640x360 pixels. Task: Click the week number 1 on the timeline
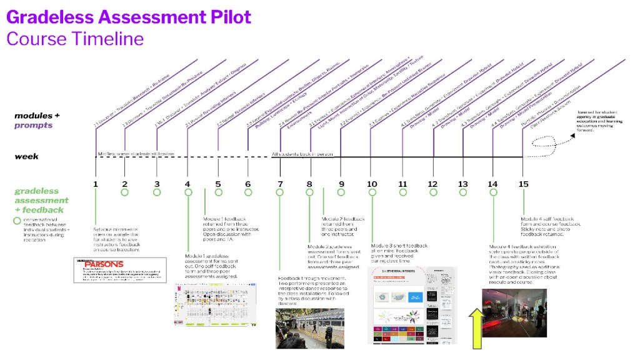[x=96, y=184]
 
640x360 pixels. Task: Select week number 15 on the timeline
[x=524, y=184]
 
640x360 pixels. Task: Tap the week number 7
[x=279, y=184]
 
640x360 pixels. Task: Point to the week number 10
[x=372, y=184]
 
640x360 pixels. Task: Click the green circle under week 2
[x=125, y=192]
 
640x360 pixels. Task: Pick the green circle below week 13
[x=463, y=192]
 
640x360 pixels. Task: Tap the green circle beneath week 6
[x=248, y=192]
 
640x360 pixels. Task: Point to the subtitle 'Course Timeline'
[x=75, y=39]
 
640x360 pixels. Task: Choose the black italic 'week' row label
[x=27, y=156]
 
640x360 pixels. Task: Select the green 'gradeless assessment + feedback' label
[x=41, y=200]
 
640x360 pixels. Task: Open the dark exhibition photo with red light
[x=514, y=312]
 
